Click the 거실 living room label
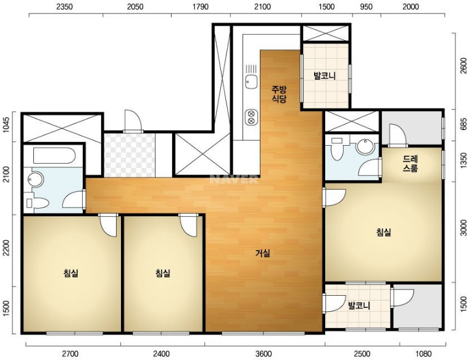pos(263,253)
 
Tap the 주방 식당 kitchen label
pos(279,94)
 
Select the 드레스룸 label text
pos(410,164)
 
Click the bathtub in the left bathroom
pos(54,156)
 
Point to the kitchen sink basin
pos(251,82)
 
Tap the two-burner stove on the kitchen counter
pos(251,117)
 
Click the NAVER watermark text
pos(234,179)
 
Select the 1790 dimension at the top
pos(201,7)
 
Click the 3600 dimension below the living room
pos(264,354)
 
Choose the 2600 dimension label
pos(463,65)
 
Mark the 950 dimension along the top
pos(366,7)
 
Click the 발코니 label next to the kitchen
pos(325,75)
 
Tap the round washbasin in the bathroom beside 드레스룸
pos(365,146)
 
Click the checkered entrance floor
pos(129,155)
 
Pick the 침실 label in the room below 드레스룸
pos(384,232)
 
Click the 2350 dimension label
pos(65,7)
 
